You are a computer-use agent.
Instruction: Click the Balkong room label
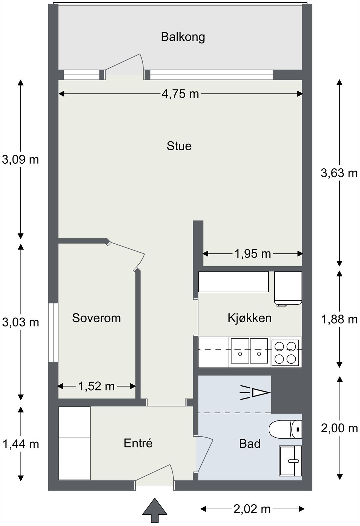point(183,37)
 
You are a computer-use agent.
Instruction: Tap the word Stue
point(179,146)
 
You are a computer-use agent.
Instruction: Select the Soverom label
point(96,318)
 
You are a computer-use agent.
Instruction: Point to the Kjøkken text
point(250,318)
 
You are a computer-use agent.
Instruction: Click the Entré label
point(138,443)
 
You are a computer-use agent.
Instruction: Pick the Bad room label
point(250,444)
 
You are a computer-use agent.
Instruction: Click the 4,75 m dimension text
point(180,94)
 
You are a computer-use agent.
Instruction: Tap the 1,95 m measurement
point(253,253)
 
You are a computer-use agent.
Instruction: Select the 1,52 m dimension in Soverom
point(96,386)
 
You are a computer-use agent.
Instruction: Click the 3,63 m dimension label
point(339,173)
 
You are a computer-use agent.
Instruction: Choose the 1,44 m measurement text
point(21,444)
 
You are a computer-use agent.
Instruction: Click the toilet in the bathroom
point(285,429)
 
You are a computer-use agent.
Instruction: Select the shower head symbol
point(255,393)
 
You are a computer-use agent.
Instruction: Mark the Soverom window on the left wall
point(53,332)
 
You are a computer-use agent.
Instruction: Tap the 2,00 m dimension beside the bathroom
point(339,429)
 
